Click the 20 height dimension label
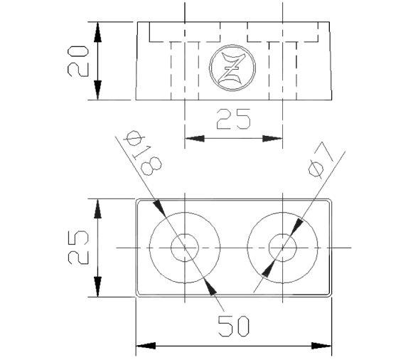[x=78, y=61]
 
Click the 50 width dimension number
[x=234, y=326]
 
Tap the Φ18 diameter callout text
[x=143, y=153]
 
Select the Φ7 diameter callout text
[x=321, y=159]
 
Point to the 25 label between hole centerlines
[x=233, y=119]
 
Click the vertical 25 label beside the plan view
[x=78, y=248]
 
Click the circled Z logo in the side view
[x=232, y=68]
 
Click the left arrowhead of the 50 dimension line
[x=146, y=346]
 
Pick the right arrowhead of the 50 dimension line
[x=322, y=346]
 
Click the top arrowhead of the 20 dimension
[x=97, y=32]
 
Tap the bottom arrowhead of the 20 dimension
[x=97, y=90]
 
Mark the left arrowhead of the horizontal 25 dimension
[x=195, y=139]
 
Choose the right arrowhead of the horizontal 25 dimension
[x=272, y=139]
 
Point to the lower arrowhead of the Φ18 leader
[x=210, y=287]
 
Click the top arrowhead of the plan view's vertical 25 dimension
[x=97, y=209]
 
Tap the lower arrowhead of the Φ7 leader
[x=268, y=268]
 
